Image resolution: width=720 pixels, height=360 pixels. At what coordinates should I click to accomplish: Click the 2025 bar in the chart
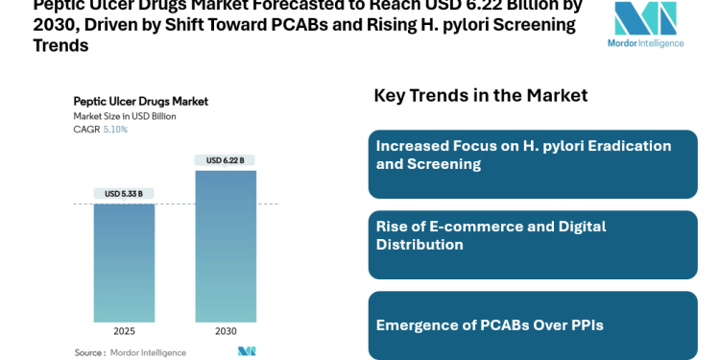tap(124, 262)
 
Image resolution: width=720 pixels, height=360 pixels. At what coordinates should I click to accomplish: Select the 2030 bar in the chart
tap(226, 246)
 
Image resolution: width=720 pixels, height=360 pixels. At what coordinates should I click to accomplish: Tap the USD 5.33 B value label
tap(124, 194)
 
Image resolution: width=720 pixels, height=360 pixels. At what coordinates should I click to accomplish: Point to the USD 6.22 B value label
tap(226, 160)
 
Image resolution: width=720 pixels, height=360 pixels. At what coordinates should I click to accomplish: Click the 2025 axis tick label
tap(124, 331)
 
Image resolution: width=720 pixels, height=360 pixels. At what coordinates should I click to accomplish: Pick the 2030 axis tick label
tap(226, 331)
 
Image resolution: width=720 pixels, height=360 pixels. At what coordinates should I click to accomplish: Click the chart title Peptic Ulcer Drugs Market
tap(140, 101)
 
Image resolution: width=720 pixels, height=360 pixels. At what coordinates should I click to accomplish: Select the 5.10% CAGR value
tap(115, 130)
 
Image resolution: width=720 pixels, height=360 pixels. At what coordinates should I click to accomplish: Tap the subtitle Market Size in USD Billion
tap(125, 116)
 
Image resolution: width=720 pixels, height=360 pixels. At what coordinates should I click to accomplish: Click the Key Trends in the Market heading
tap(480, 95)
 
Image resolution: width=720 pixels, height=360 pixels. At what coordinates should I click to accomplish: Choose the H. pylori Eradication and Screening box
tap(533, 164)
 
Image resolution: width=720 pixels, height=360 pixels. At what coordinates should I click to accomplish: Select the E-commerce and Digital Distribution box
tap(533, 245)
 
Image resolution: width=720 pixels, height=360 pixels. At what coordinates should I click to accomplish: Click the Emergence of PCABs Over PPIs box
tap(533, 324)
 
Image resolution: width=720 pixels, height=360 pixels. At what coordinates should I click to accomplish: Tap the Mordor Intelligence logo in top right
tap(645, 24)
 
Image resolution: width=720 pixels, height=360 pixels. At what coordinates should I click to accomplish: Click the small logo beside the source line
tap(247, 351)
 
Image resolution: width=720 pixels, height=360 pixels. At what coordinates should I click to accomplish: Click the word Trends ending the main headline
tap(60, 45)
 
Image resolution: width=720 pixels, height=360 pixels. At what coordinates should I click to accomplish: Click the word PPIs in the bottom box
tap(584, 324)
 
